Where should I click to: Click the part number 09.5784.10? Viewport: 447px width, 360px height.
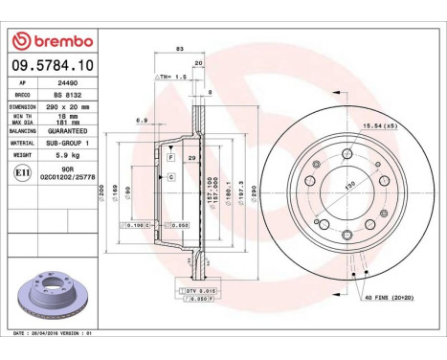54,66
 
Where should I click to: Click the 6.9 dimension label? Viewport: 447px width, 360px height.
142,122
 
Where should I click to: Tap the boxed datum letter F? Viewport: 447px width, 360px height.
170,155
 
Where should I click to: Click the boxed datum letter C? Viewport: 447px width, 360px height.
170,178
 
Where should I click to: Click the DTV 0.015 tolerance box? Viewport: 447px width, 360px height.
199,289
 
